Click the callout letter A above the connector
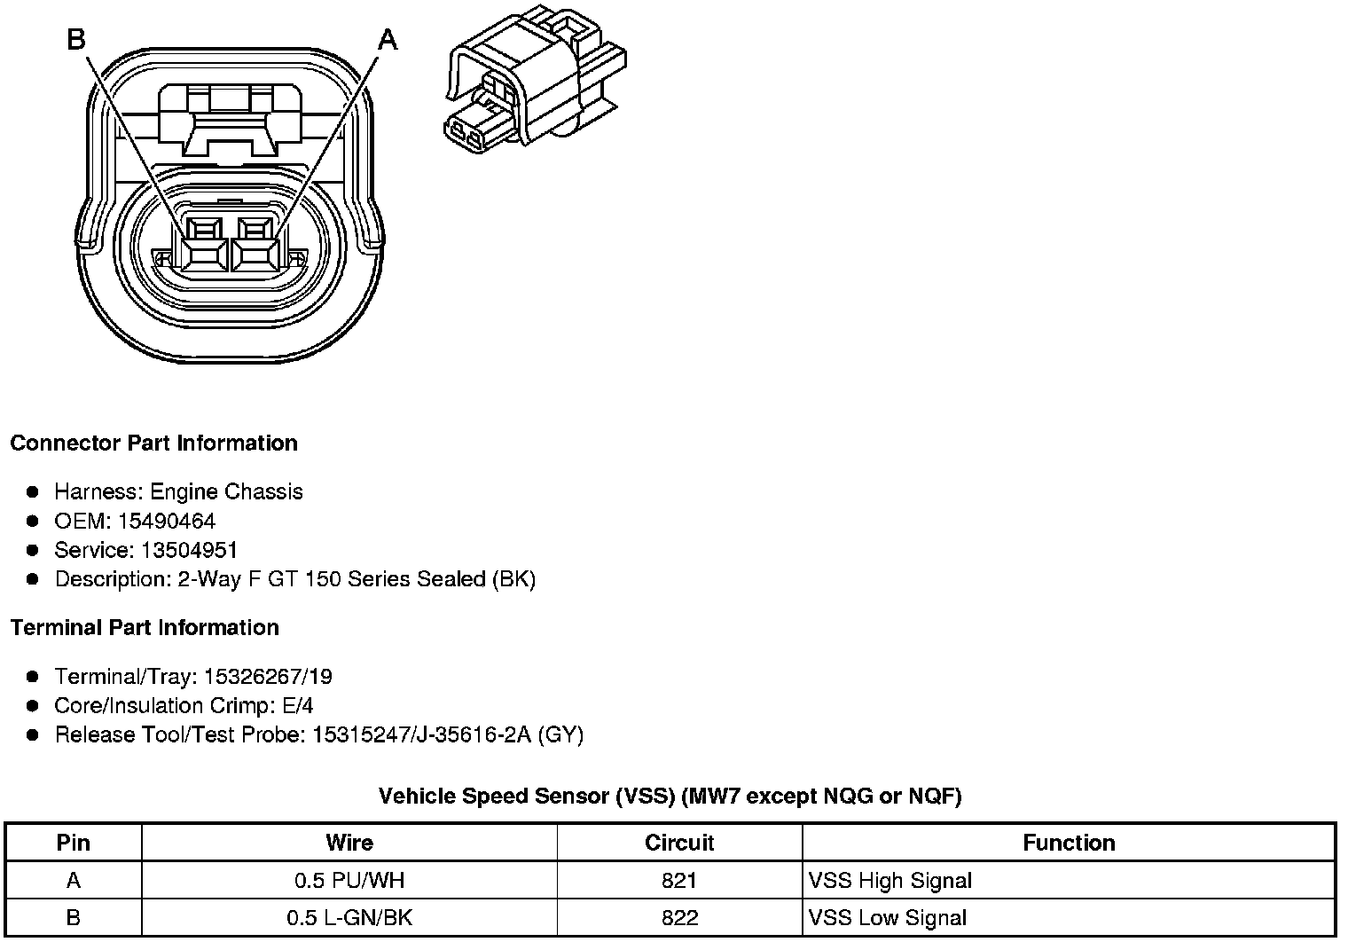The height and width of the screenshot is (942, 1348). click(x=388, y=40)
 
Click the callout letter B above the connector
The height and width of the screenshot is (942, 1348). click(x=76, y=40)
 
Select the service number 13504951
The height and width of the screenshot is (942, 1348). click(x=189, y=550)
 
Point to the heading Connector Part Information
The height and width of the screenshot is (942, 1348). click(x=153, y=443)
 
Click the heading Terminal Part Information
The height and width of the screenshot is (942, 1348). click(x=145, y=627)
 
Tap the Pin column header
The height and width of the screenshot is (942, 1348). click(x=74, y=842)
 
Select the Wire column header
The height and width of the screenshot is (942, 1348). click(x=349, y=842)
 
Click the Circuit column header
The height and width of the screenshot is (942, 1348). click(x=679, y=842)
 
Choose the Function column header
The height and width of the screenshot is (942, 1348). click(x=1069, y=842)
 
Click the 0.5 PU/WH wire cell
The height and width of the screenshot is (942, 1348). click(x=349, y=881)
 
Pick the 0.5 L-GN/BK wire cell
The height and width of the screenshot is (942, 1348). click(x=349, y=918)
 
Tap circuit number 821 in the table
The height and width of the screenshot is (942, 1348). click(x=679, y=881)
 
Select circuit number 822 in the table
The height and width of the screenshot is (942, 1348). click(x=679, y=918)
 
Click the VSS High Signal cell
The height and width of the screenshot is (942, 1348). click(x=890, y=881)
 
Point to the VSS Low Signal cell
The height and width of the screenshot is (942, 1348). click(x=888, y=918)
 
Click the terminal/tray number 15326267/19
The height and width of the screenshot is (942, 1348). click(x=268, y=677)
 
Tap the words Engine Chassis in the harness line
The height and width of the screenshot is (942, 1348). click(x=226, y=491)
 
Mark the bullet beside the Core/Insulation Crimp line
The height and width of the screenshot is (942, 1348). click(x=33, y=705)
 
